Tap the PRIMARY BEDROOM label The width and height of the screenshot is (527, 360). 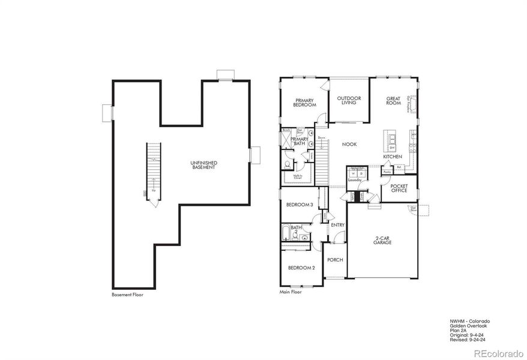(x=304, y=103)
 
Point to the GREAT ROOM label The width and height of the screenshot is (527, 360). (x=393, y=101)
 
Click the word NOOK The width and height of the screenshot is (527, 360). (x=350, y=144)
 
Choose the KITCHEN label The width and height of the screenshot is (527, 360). (x=393, y=157)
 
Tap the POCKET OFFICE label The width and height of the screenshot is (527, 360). (x=399, y=188)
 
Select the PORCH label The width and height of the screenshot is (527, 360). (x=334, y=260)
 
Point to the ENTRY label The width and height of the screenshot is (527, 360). (x=337, y=225)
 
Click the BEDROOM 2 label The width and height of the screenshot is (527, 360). (x=301, y=268)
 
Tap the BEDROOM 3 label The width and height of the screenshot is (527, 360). (x=300, y=205)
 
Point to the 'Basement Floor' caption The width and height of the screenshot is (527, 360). (x=128, y=295)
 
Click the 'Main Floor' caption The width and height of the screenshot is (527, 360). (x=291, y=292)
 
